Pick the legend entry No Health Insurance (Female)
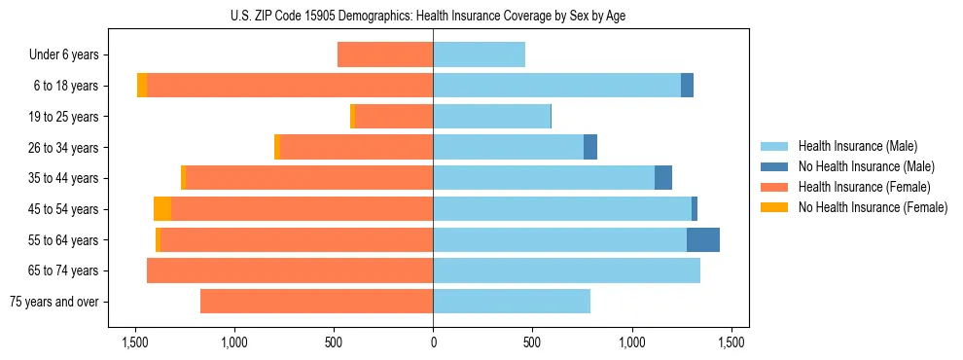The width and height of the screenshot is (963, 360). pos(873,207)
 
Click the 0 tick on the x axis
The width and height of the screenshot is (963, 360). pos(433,342)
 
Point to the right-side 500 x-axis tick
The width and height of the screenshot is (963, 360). pos(532,342)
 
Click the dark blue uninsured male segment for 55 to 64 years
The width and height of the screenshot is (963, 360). pos(703,239)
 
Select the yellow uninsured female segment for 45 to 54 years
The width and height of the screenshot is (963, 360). pos(162,209)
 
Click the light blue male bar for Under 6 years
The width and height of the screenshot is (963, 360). pos(479,55)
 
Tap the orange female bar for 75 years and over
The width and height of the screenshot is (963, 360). pos(316,302)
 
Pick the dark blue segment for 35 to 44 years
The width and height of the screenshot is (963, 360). pos(663,178)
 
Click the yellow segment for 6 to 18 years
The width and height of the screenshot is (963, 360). pos(142,86)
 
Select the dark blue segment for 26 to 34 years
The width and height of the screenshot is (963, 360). pos(590,147)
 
